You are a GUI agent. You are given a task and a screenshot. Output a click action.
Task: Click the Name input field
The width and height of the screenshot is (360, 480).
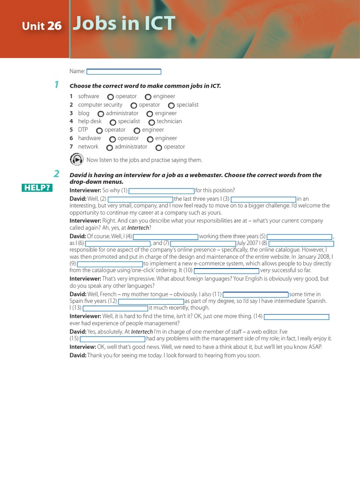(124, 72)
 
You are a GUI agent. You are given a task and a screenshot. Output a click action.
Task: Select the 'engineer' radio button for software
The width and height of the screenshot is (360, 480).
(148, 97)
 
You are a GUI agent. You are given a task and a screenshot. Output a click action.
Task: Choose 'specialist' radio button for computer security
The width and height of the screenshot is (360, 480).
(172, 105)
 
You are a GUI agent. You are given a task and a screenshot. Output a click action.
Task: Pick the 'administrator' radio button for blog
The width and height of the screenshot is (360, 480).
(101, 114)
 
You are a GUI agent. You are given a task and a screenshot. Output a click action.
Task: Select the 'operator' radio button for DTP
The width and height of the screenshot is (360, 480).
(99, 130)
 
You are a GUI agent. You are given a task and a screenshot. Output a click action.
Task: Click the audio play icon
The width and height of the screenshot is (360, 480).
(76, 159)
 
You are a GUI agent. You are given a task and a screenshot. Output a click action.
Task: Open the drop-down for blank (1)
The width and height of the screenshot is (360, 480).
(162, 191)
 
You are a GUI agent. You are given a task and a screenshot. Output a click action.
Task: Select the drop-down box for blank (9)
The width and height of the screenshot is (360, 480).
(110, 264)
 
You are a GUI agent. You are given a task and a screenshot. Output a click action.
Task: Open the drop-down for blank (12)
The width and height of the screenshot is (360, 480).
(151, 301)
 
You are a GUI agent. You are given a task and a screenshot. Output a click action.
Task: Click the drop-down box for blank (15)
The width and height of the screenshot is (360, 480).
(112, 339)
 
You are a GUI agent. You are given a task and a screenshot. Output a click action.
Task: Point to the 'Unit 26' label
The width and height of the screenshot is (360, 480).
(42, 26)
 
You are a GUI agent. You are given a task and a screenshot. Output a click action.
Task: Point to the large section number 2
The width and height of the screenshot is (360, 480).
(56, 174)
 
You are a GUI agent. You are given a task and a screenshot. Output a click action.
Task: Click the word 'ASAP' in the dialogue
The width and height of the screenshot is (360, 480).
(315, 347)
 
